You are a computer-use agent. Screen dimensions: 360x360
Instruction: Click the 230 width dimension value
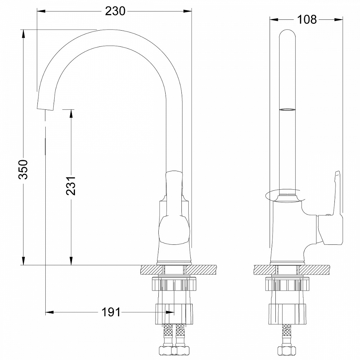pos(115,12)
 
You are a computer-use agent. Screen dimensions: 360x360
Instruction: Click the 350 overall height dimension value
pos(23,169)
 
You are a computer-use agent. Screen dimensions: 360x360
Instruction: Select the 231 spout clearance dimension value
pos(71,185)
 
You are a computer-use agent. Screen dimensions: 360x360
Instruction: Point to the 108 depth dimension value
pos(307,19)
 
